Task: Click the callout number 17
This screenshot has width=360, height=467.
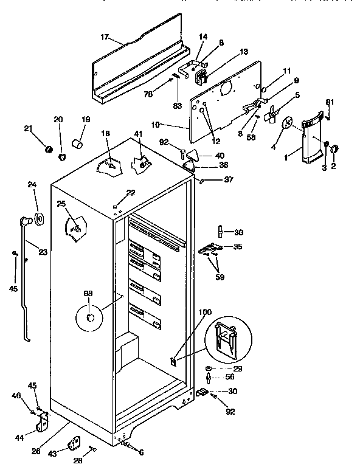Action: (104, 38)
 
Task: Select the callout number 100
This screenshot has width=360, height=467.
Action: (206, 312)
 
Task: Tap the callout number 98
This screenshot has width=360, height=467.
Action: (88, 294)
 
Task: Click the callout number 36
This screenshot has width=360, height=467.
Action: (239, 232)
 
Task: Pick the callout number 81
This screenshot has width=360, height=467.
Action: (330, 101)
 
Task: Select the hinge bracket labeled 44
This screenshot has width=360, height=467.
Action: (43, 420)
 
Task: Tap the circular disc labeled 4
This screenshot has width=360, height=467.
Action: (286, 124)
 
